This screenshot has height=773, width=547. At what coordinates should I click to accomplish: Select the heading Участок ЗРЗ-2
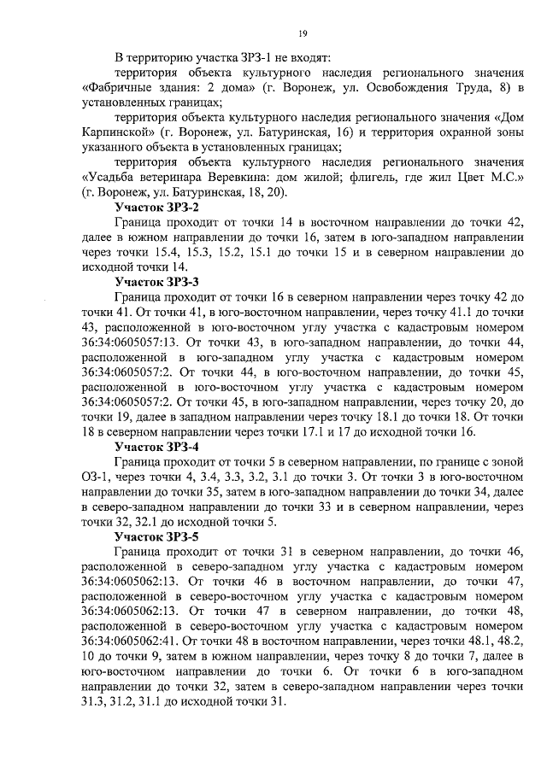point(157,207)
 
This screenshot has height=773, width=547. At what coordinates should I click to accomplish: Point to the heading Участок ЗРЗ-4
point(157,446)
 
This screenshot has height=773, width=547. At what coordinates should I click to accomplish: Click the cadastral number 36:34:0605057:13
point(132,342)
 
